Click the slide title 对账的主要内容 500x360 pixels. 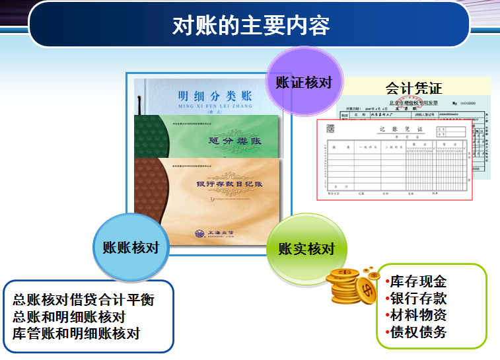click(250, 25)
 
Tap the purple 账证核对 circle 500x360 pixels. click(303, 83)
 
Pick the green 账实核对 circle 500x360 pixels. click(306, 249)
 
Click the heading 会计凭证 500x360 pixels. click(413, 88)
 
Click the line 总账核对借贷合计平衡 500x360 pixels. click(83, 299)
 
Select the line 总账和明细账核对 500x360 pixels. click(69, 316)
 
